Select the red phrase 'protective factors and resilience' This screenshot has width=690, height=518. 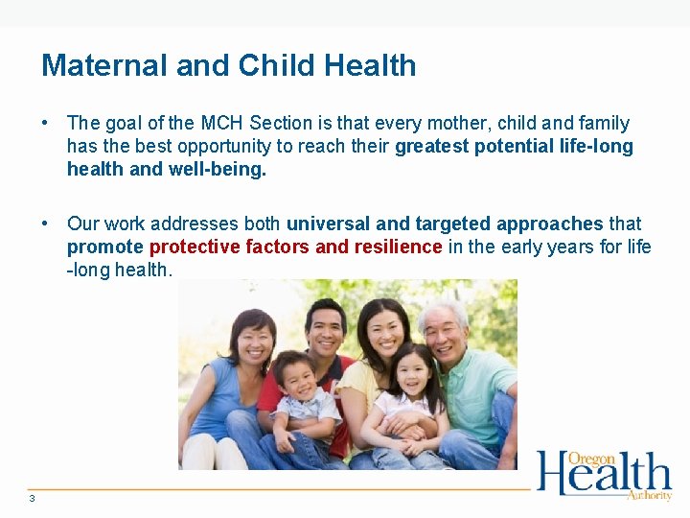click(296, 247)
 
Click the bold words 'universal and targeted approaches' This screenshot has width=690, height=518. click(445, 224)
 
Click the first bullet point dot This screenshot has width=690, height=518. click(46, 123)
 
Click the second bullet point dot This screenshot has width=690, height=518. click(46, 224)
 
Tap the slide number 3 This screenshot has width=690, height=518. click(32, 498)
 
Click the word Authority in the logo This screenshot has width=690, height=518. click(649, 495)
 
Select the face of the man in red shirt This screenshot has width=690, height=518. click(326, 329)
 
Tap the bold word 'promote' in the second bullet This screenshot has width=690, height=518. click(104, 247)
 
